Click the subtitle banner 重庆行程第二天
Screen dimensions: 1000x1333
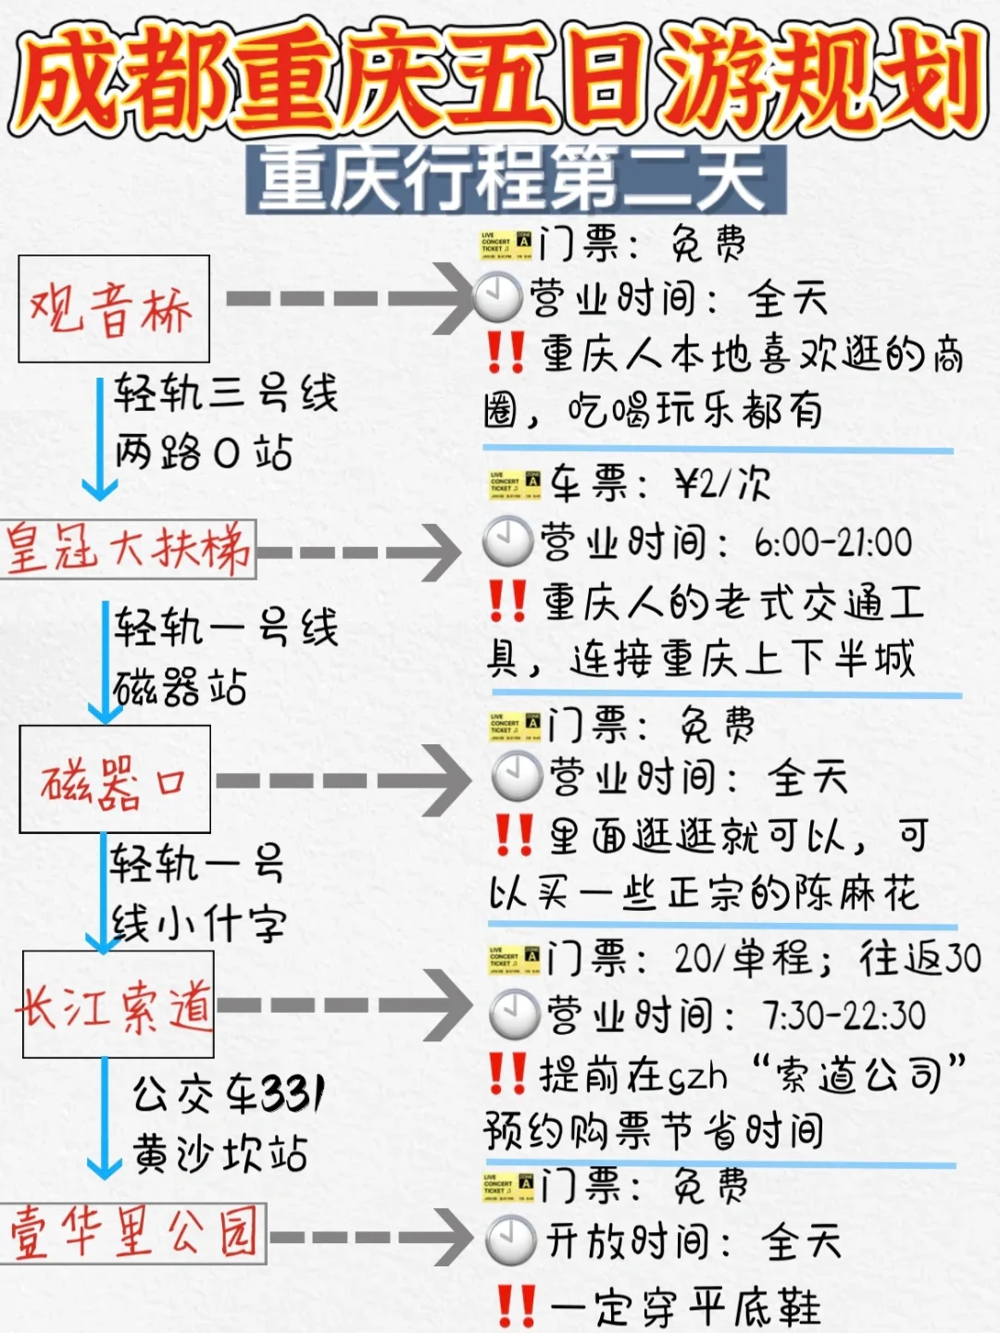pyautogui.click(x=516, y=180)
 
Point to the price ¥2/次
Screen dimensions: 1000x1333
pyautogui.click(x=722, y=484)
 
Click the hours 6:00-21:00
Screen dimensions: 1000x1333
pyautogui.click(x=833, y=542)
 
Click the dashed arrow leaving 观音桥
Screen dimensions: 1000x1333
pyautogui.click(x=349, y=298)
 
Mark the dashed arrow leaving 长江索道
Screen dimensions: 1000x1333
pyautogui.click(x=344, y=1005)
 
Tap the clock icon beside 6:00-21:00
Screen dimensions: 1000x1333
pyautogui.click(x=507, y=542)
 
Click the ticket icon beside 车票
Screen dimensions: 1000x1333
pyautogui.click(x=516, y=485)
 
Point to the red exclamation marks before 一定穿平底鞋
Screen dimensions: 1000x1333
pyautogui.click(x=516, y=1306)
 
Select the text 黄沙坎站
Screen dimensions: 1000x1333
pyautogui.click(x=219, y=1152)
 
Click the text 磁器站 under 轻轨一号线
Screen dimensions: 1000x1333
pyautogui.click(x=181, y=687)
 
